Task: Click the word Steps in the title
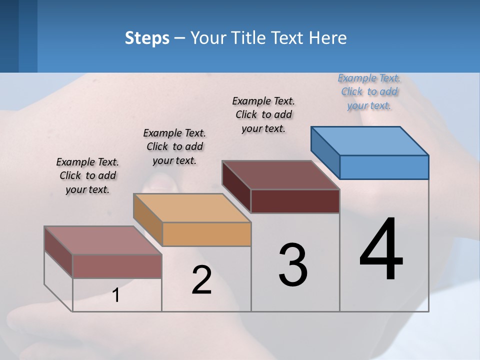[x=147, y=38]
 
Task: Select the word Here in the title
[x=328, y=38]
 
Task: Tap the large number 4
[x=381, y=250]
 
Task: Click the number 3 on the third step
[x=293, y=265]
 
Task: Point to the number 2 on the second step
[x=202, y=280]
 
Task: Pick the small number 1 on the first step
[x=116, y=295]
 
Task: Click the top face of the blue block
[x=370, y=140]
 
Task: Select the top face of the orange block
[x=192, y=207]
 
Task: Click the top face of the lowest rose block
[x=103, y=240]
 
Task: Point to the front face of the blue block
[x=384, y=167]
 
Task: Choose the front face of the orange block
[x=206, y=234]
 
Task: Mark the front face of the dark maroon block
[x=295, y=201]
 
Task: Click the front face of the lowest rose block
[x=117, y=266]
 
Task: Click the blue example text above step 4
[x=369, y=91]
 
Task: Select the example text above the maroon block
[x=263, y=114]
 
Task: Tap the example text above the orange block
[x=174, y=146]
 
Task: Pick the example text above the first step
[x=87, y=175]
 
